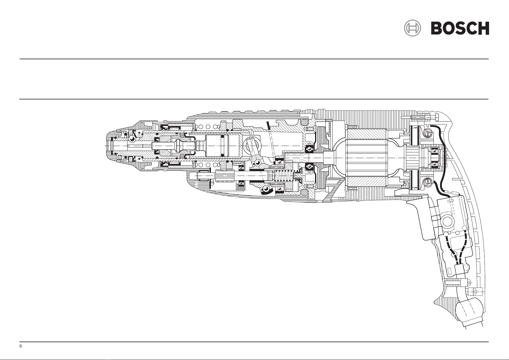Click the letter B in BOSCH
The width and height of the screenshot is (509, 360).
coord(436,28)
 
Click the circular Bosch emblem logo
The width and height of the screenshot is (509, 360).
coord(412,28)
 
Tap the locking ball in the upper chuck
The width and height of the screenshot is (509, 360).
coord(132,138)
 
